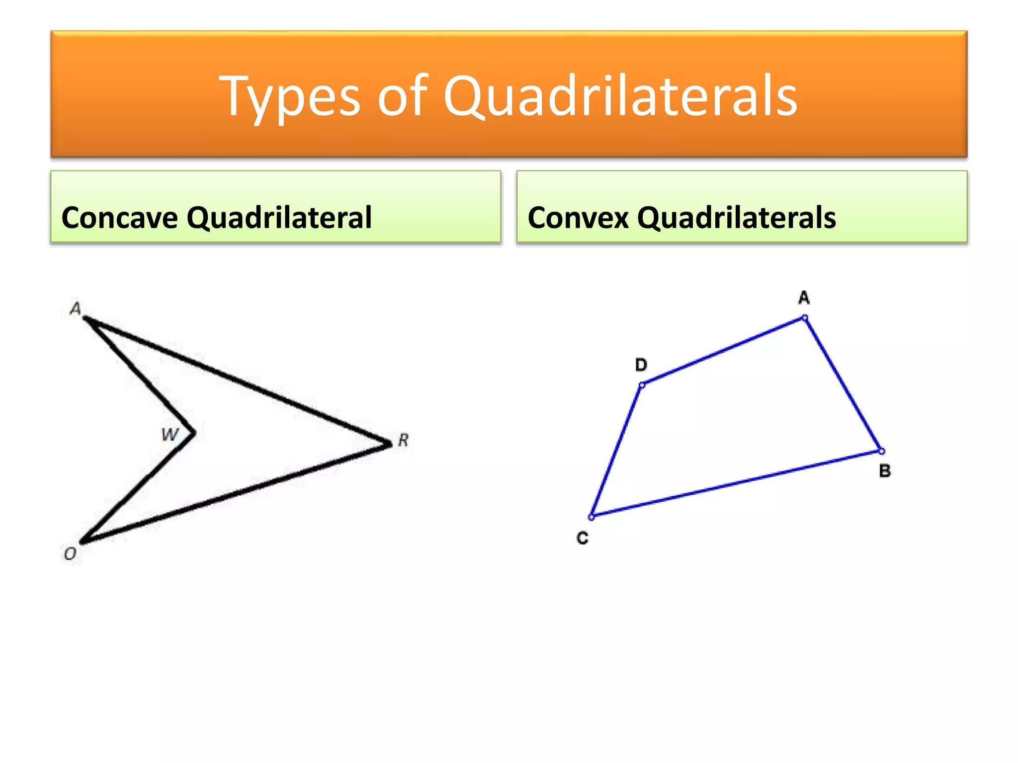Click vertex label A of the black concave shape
pos(76,308)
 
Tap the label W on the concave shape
pos(170,435)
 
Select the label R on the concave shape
pos(403,440)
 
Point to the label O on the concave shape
pos(71,553)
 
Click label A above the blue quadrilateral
pos(804,298)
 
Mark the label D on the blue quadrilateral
pos(641,365)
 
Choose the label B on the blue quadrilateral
pos(885,470)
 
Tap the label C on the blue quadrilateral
pos(583,537)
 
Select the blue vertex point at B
pos(881,451)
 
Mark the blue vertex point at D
pos(642,384)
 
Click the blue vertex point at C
pos(591,517)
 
